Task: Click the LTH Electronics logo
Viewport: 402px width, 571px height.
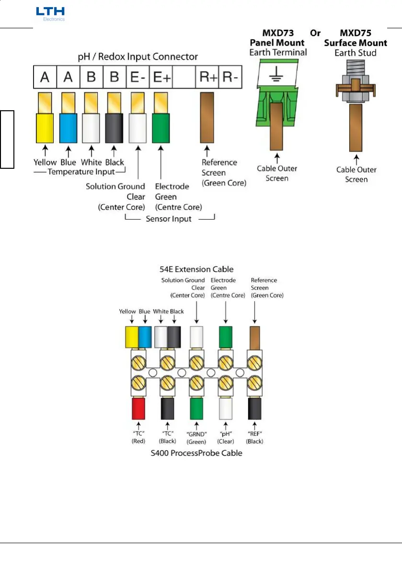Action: click(x=50, y=13)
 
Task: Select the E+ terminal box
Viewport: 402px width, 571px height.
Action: click(x=161, y=78)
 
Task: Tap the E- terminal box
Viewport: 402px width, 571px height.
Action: click(x=138, y=78)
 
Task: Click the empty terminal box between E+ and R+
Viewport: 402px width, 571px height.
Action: click(x=184, y=78)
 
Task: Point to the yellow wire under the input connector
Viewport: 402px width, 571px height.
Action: click(x=45, y=127)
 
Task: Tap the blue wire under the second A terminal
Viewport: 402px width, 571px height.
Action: click(x=68, y=127)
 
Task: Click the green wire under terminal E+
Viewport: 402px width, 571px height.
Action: click(x=161, y=127)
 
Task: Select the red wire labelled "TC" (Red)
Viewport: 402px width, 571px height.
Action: click(x=138, y=408)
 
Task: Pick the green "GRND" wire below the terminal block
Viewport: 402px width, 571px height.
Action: click(x=197, y=408)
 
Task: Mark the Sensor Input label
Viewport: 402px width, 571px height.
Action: click(x=169, y=219)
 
